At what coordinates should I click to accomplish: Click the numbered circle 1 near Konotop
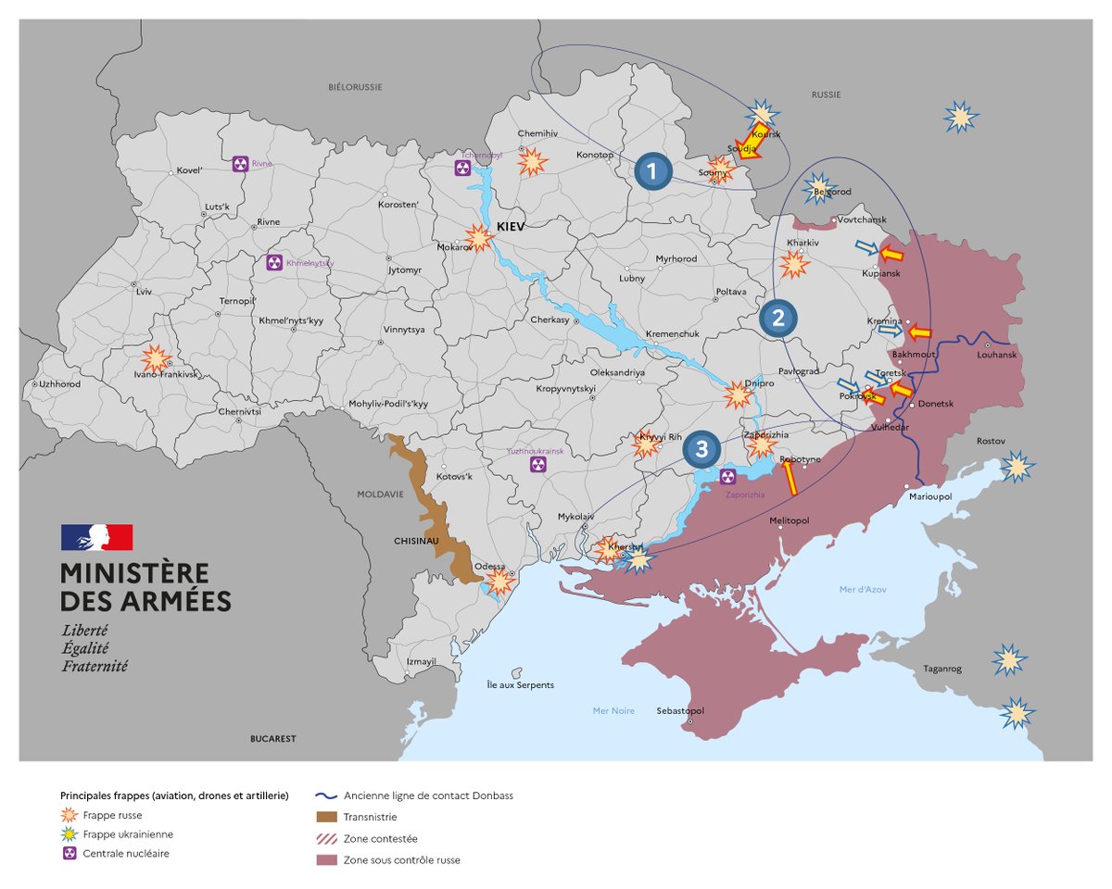click(x=652, y=171)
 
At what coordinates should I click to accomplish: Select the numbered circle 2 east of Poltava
click(x=777, y=319)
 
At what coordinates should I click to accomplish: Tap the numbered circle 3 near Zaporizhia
click(x=701, y=450)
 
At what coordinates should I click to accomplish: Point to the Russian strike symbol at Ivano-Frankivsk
click(x=156, y=358)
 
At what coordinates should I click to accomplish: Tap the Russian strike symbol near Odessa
click(x=499, y=582)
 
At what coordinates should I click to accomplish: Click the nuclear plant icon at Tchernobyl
click(x=462, y=168)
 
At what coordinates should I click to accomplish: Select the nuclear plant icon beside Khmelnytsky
click(x=273, y=263)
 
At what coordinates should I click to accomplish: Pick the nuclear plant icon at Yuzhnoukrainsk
click(x=537, y=465)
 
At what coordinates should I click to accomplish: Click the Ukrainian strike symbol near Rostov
click(x=1017, y=467)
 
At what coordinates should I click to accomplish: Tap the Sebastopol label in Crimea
click(x=679, y=711)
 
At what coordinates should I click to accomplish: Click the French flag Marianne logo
click(x=97, y=537)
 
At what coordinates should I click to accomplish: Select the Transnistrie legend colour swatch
click(x=326, y=817)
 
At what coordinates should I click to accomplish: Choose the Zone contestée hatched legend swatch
click(x=326, y=839)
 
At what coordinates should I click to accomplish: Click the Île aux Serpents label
click(x=520, y=685)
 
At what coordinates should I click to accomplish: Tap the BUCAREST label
click(x=272, y=739)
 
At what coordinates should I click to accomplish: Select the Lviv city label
click(x=143, y=292)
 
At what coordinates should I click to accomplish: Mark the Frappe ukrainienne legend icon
click(x=68, y=834)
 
